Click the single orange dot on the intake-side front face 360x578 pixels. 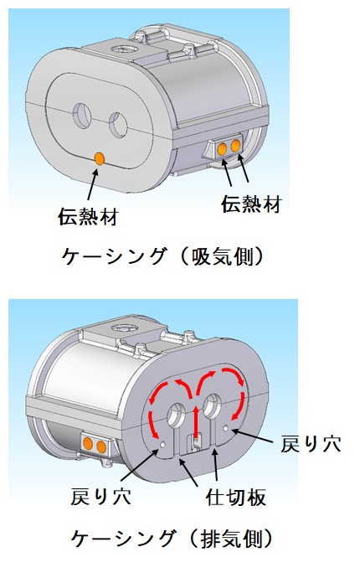click(100, 158)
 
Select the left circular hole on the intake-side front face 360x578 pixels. click(83, 116)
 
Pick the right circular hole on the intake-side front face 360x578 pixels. click(118, 124)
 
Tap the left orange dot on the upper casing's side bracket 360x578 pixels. click(222, 149)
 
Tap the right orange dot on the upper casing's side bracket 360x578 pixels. click(235, 146)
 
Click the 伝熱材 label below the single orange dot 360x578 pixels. click(88, 216)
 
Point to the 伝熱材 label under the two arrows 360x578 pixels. click(252, 204)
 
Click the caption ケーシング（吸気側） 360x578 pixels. click(162, 255)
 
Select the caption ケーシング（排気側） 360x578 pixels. click(172, 539)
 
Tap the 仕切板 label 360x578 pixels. click(236, 497)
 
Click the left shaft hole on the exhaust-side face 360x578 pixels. click(177, 415)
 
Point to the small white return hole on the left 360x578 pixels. click(162, 445)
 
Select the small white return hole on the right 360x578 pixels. click(225, 428)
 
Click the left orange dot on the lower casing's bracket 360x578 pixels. click(88, 443)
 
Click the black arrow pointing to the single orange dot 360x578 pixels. click(93, 183)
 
